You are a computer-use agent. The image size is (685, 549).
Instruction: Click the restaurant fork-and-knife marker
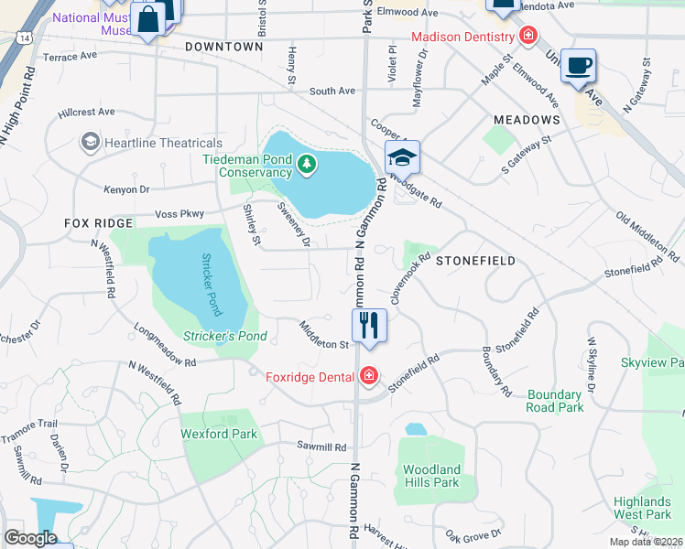pyautogui.click(x=370, y=326)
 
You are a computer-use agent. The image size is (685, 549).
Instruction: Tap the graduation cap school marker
pyautogui.click(x=403, y=159)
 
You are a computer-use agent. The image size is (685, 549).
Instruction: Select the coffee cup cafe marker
pyautogui.click(x=578, y=65)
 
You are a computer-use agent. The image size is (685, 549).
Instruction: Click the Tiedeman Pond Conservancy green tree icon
pyautogui.click(x=308, y=166)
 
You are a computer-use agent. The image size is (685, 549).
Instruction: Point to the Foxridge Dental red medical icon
pyautogui.click(x=368, y=376)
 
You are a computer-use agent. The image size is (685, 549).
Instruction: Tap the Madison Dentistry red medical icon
pyautogui.click(x=527, y=37)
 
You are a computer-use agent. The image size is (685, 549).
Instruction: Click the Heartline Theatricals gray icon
pyautogui.click(x=90, y=143)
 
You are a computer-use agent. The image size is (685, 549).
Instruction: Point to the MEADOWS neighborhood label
pyautogui.click(x=527, y=120)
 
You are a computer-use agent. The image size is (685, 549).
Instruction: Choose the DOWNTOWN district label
pyautogui.click(x=223, y=46)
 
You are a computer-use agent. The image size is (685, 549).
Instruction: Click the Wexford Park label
pyautogui.click(x=219, y=434)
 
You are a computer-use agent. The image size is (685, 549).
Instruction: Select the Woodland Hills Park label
pyautogui.click(x=431, y=476)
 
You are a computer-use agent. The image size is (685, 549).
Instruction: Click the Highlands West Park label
pyautogui.click(x=642, y=508)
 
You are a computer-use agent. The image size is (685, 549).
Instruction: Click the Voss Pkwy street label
pyautogui.click(x=179, y=213)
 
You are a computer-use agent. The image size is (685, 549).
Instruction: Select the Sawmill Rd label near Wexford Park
pyautogui.click(x=321, y=447)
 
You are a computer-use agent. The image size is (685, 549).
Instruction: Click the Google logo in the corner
pyautogui.click(x=30, y=538)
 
